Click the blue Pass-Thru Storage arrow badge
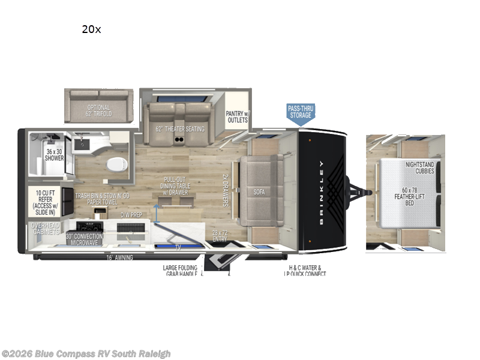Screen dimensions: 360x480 (x=301, y=113)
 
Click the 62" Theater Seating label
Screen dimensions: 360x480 (x=180, y=128)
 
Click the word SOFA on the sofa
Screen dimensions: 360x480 (x=260, y=193)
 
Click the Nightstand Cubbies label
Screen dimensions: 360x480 (x=419, y=167)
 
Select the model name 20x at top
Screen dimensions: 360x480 (x=91, y=29)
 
